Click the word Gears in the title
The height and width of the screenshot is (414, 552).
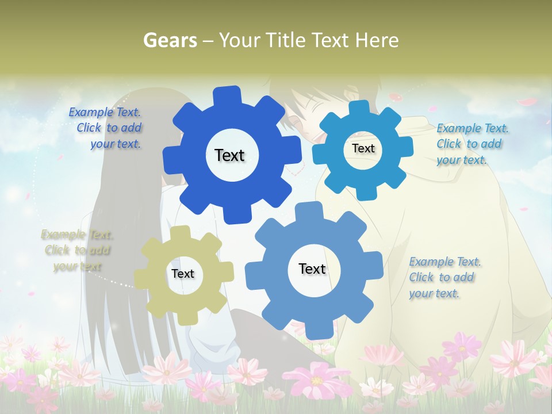pos(170,40)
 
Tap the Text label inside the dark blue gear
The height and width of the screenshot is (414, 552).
pos(229,155)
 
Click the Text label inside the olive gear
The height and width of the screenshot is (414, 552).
pos(183,274)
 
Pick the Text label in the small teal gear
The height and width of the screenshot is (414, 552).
pos(363,148)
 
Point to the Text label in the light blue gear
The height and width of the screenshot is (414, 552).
pos(312,269)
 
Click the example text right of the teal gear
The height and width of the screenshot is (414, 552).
pos(472,144)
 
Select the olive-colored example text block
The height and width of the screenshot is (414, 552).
pos(77,251)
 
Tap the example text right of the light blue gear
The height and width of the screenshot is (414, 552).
pos(444,278)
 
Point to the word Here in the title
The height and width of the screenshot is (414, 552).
pos(377,40)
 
